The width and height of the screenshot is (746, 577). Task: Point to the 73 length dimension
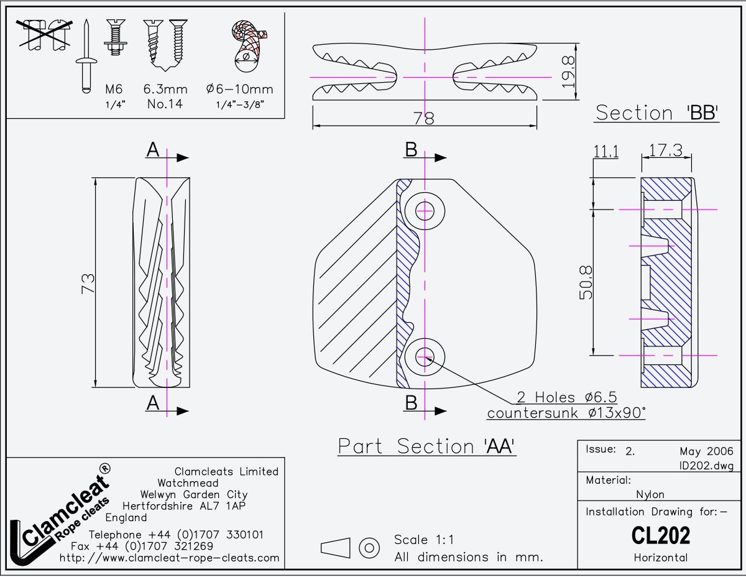tap(88, 283)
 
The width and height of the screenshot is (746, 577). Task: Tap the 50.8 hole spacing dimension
tap(586, 283)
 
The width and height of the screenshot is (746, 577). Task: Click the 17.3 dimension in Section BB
tap(665, 150)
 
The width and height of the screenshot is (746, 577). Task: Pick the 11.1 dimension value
tap(606, 151)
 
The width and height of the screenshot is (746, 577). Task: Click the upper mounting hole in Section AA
tap(425, 210)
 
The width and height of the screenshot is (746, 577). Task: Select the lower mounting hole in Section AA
tap(425, 356)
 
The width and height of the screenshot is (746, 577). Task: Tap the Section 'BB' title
tap(657, 113)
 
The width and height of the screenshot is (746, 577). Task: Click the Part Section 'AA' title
tap(427, 446)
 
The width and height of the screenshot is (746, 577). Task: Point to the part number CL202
tap(660, 535)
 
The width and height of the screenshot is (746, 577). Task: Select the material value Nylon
tap(650, 494)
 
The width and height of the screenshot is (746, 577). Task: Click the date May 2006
tap(706, 451)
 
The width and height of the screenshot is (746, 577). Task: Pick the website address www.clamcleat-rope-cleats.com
tap(169, 558)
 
